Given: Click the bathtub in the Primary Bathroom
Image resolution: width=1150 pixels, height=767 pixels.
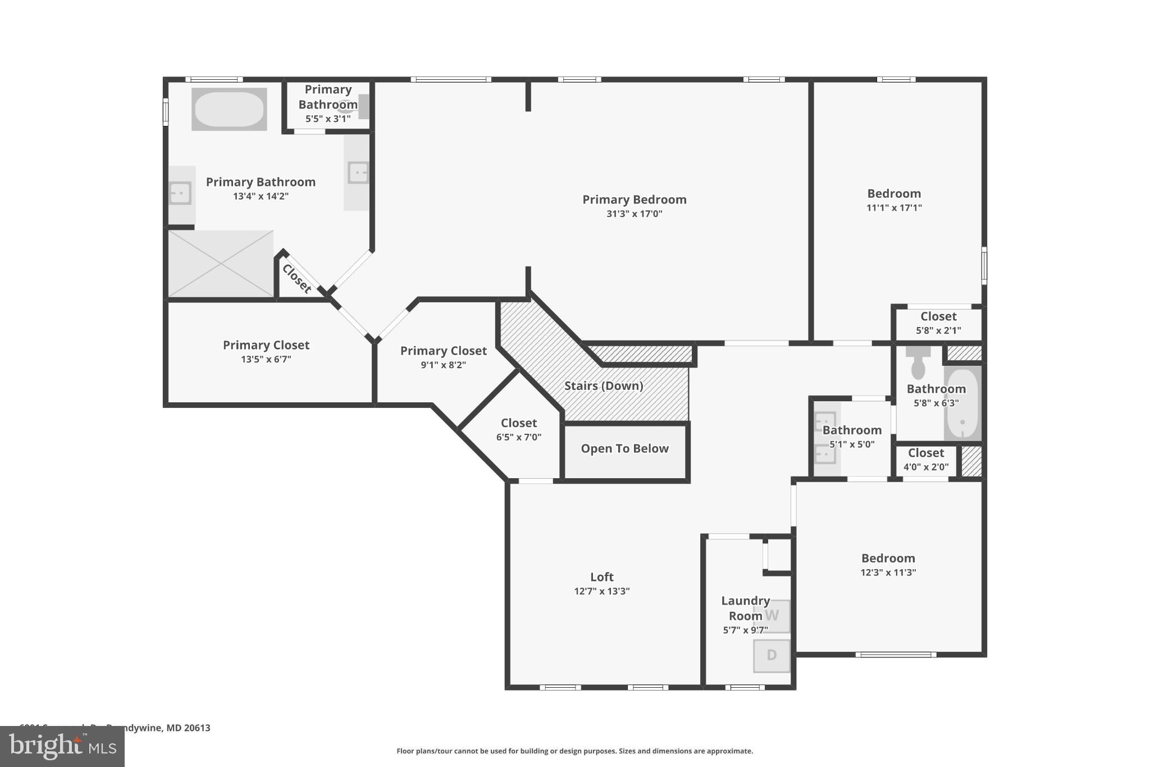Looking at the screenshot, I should pyautogui.click(x=229, y=109).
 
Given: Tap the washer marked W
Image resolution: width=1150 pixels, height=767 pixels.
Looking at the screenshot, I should pyautogui.click(x=772, y=615).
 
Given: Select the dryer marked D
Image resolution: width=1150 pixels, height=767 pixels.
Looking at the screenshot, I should pyautogui.click(x=772, y=655).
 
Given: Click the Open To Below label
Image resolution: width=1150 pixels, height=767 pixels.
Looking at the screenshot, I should pyautogui.click(x=624, y=448).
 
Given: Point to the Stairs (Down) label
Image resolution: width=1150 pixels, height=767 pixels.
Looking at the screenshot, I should pyautogui.click(x=604, y=385).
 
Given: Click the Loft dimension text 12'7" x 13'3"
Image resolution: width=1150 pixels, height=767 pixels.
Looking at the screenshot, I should pyautogui.click(x=601, y=591).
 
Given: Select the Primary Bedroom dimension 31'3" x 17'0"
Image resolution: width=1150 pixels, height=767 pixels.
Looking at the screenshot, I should pyautogui.click(x=634, y=214).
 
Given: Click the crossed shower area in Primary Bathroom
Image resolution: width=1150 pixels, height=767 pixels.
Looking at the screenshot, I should pyautogui.click(x=221, y=264).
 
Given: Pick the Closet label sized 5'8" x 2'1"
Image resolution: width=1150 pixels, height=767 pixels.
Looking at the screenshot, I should pyautogui.click(x=938, y=316).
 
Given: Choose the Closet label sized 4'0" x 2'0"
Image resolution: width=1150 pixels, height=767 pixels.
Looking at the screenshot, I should pyautogui.click(x=926, y=453).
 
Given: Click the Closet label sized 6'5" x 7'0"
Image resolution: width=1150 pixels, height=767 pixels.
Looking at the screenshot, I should pyautogui.click(x=518, y=423).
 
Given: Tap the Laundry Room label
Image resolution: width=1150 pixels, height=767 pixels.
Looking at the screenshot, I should pyautogui.click(x=745, y=608).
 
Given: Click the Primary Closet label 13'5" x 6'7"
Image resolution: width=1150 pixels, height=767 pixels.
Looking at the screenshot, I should pyautogui.click(x=266, y=345).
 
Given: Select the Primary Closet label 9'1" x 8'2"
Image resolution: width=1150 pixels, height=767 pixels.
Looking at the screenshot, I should pyautogui.click(x=443, y=351).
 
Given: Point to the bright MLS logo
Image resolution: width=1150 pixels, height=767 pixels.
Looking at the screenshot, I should pyautogui.click(x=62, y=746).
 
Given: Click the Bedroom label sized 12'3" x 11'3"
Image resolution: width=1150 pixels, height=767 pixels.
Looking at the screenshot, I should pyautogui.click(x=888, y=558).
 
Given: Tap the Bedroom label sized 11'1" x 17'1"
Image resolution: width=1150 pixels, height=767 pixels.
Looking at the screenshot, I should pyautogui.click(x=894, y=193).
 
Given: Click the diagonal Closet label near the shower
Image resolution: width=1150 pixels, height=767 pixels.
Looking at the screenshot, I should pyautogui.click(x=296, y=279).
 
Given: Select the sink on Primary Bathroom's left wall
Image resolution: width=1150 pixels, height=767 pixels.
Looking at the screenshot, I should pyautogui.click(x=180, y=193).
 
